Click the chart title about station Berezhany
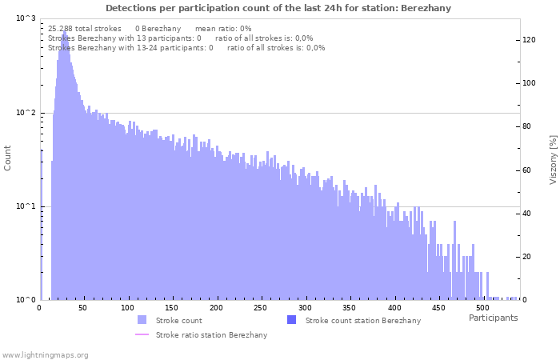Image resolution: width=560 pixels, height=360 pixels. [x=278, y=8]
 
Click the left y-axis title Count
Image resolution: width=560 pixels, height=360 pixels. [x=8, y=158]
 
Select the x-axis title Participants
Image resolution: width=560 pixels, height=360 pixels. [x=493, y=318]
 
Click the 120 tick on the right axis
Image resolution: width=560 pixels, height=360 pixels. [x=529, y=39]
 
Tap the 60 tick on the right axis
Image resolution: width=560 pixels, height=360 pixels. [x=527, y=170]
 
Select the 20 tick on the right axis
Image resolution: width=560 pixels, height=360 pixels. [x=527, y=257]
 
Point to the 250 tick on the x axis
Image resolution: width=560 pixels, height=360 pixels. [x=260, y=307]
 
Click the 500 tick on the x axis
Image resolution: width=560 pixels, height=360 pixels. [x=482, y=307]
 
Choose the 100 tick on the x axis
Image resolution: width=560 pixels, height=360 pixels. [x=128, y=307]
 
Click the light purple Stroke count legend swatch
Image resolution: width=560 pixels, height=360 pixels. [x=142, y=320]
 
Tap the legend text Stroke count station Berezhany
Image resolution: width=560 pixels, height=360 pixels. [x=362, y=320]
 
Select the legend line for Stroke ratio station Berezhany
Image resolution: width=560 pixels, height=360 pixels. [x=142, y=334]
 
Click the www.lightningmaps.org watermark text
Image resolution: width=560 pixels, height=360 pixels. [x=45, y=354]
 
